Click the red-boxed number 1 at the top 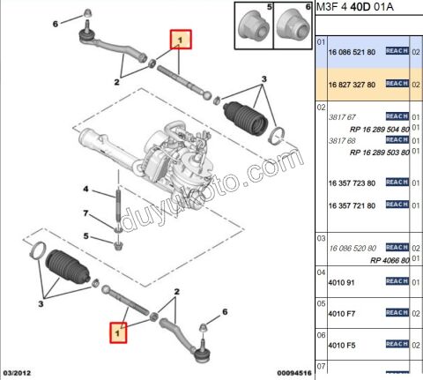(181, 41)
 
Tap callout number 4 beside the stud (86, 189)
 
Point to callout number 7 (86, 214)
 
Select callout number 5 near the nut (86, 236)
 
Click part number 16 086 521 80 (351, 52)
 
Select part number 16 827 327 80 (351, 84)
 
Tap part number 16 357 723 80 (351, 183)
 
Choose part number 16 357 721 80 (351, 205)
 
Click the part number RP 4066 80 (390, 260)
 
